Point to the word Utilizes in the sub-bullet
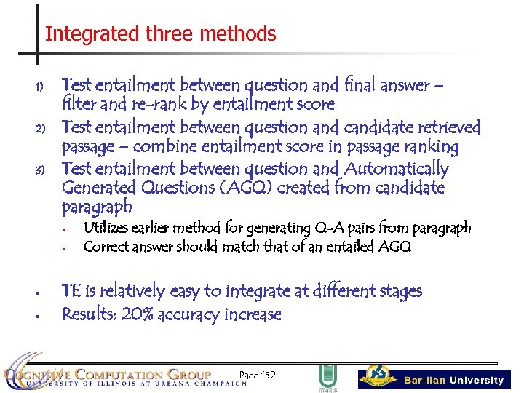point(106,228)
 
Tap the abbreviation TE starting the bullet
point(71,291)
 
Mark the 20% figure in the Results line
point(138,314)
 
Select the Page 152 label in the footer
point(257,375)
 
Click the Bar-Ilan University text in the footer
point(453,380)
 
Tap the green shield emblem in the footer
point(327,376)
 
